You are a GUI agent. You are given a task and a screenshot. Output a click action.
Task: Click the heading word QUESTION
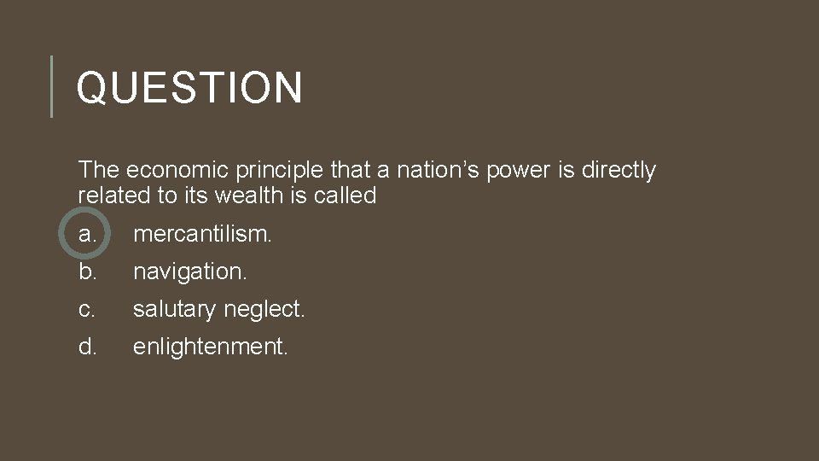pyautogui.click(x=189, y=87)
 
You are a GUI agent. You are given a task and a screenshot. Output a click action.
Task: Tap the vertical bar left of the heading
pyautogui.click(x=52, y=86)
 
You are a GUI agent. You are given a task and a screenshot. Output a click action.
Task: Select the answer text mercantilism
pyautogui.click(x=202, y=233)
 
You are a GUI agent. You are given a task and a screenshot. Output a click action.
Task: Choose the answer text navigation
pyautogui.click(x=189, y=272)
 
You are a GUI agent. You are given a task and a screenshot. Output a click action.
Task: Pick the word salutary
pyautogui.click(x=174, y=310)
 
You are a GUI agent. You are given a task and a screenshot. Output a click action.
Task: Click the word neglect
pyautogui.click(x=264, y=310)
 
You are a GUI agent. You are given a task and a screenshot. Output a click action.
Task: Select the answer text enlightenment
pyautogui.click(x=211, y=347)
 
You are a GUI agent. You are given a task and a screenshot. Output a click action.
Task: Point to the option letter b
pyautogui.click(x=87, y=271)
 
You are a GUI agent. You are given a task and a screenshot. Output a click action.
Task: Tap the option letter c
pyautogui.click(x=86, y=309)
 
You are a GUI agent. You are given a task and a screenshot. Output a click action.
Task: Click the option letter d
pyautogui.click(x=87, y=347)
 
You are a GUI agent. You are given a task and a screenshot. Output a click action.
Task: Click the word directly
pyautogui.click(x=619, y=171)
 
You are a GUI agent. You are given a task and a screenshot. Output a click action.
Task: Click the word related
pyautogui.click(x=114, y=195)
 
